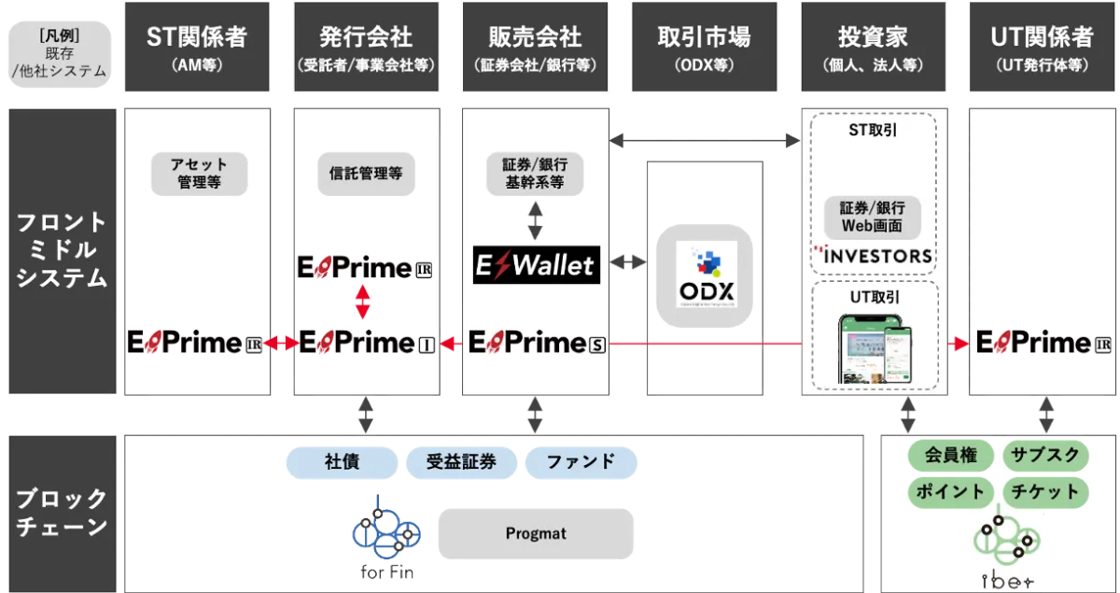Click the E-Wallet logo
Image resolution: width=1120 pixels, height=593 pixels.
[x=535, y=265]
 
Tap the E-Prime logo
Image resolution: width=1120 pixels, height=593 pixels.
[x=535, y=344]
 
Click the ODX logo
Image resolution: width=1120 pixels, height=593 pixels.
[x=706, y=276]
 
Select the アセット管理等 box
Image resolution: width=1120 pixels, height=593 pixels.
[x=199, y=174]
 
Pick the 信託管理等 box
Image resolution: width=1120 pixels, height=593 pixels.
[x=366, y=173]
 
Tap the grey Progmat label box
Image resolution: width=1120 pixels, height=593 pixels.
[x=536, y=534]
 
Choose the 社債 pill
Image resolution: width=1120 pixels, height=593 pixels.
[x=343, y=461]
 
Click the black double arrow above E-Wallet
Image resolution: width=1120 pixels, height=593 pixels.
[x=535, y=220]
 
